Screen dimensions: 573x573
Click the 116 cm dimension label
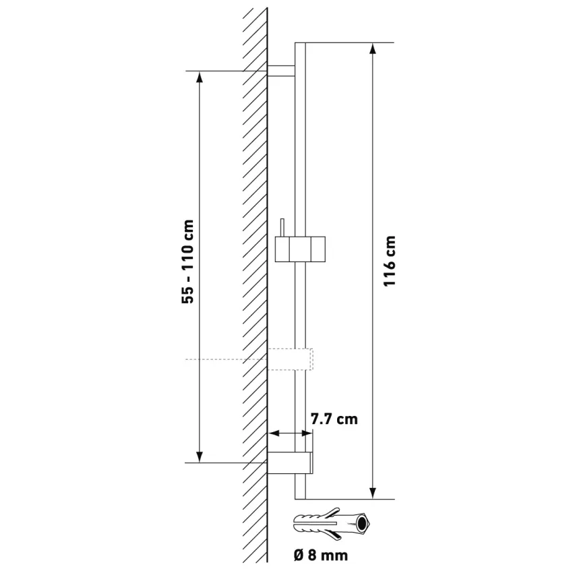click(x=390, y=261)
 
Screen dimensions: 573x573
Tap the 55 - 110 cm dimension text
click(x=187, y=262)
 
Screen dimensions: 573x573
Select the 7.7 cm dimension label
click(x=334, y=419)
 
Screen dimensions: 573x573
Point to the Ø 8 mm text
click(x=320, y=555)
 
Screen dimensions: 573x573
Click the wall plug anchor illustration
click(x=332, y=524)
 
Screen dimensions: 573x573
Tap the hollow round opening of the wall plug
click(x=362, y=524)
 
